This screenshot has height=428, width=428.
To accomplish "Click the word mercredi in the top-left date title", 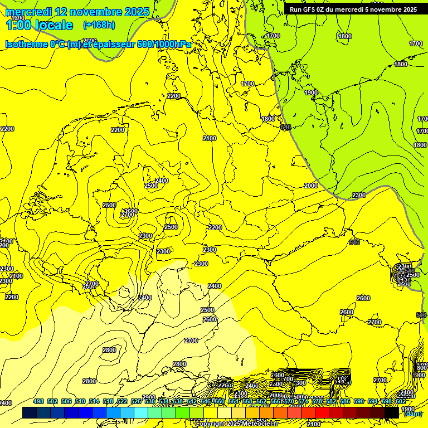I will click(x=28, y=12).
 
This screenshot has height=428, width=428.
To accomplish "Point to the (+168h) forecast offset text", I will click(x=99, y=25).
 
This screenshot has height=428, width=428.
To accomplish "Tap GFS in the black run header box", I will click(x=312, y=9).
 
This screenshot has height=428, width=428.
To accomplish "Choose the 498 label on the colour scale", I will click(x=38, y=401).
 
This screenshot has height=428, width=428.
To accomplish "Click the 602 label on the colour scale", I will click(x=400, y=401).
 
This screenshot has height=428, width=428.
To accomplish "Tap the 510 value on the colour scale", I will click(x=80, y=401).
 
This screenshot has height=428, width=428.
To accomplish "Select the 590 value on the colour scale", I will click(x=359, y=401).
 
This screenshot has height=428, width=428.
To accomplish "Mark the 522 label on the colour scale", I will click(x=122, y=401).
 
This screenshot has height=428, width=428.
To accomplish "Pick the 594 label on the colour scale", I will click(x=373, y=401).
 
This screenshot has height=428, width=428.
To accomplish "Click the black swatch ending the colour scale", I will click(x=392, y=413).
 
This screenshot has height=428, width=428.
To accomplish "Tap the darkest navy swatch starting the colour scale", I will click(x=30, y=413).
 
